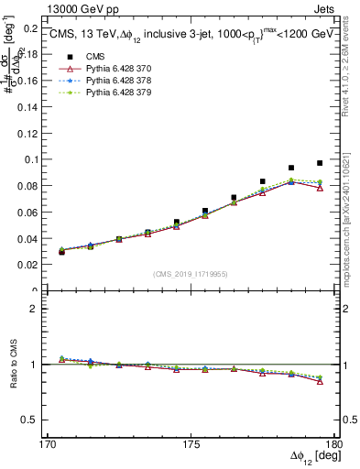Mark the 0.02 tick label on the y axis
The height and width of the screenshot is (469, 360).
tap(27, 265)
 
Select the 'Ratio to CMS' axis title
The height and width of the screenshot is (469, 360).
tap(12, 364)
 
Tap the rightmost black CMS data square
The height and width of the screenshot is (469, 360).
tap(320, 163)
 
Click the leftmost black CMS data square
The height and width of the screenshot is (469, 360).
tap(61, 251)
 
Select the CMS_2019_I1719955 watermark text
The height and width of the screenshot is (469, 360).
tap(191, 272)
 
